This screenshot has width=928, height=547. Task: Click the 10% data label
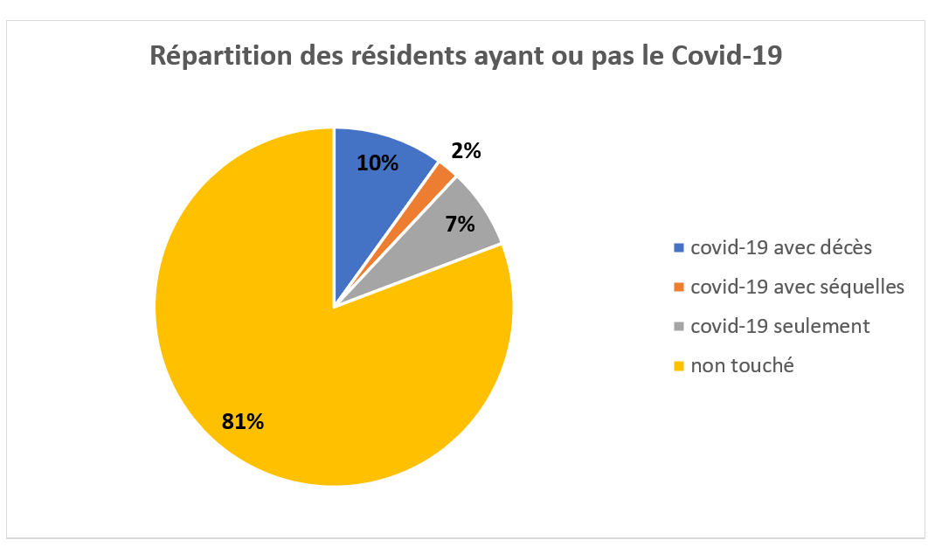point(377,163)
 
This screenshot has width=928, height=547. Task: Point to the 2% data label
point(467,151)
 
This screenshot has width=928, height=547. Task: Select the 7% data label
point(460,224)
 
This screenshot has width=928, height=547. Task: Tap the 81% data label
point(243,421)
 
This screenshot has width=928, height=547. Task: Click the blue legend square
point(679,248)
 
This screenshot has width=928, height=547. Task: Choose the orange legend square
point(679,287)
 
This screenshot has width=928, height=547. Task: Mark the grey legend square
point(679,327)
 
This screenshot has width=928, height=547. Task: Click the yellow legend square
point(679,366)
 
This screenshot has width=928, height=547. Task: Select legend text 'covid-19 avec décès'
point(781,247)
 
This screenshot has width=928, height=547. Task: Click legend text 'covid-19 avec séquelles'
point(797,287)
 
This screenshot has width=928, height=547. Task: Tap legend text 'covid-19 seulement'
point(780,326)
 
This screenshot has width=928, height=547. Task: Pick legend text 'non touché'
point(742,365)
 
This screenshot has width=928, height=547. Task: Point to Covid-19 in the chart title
point(726,56)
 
